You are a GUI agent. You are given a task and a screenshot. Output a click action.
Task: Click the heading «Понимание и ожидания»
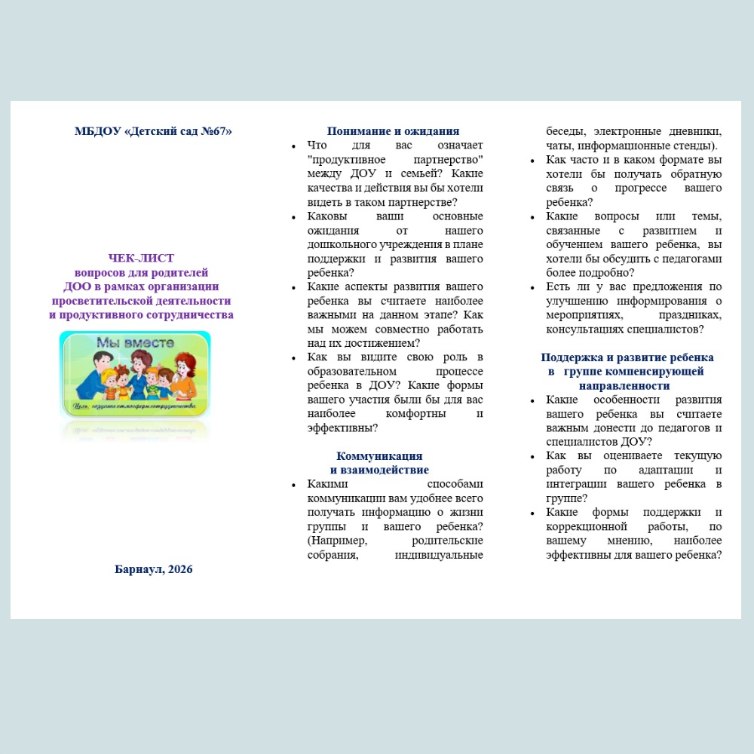click(393, 130)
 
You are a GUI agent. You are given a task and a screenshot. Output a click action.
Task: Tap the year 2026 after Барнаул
click(181, 569)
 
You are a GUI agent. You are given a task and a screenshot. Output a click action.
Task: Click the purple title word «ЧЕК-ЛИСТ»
click(141, 258)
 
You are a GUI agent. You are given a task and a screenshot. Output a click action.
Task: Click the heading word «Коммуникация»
click(379, 456)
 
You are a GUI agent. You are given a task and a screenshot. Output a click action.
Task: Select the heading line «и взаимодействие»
click(379, 470)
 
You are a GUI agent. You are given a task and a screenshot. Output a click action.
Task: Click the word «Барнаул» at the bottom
click(139, 569)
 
